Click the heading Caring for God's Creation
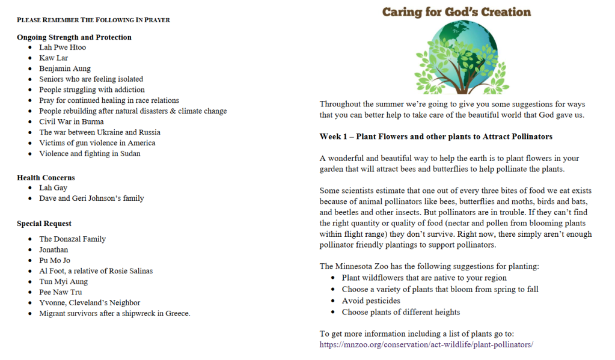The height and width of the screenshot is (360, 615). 456,12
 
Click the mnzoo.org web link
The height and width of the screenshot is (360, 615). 426,345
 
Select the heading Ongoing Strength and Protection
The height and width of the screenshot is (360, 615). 74,37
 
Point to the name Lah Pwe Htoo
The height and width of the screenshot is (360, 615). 63,47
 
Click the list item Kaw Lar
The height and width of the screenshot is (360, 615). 54,58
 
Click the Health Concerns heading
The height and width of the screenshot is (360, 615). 46,178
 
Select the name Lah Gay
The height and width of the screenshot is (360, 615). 53,188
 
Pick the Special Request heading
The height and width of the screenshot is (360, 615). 44,224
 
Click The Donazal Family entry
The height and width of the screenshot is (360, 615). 72,239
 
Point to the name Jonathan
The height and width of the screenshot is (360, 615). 54,249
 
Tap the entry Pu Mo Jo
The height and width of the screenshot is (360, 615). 55,260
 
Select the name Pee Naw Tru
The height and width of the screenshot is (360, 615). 60,292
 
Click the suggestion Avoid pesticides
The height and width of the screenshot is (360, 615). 371,301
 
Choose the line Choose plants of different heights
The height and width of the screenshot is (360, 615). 401,312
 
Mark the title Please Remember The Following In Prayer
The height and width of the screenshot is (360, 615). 93,20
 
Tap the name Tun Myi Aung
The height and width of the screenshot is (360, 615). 63,281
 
